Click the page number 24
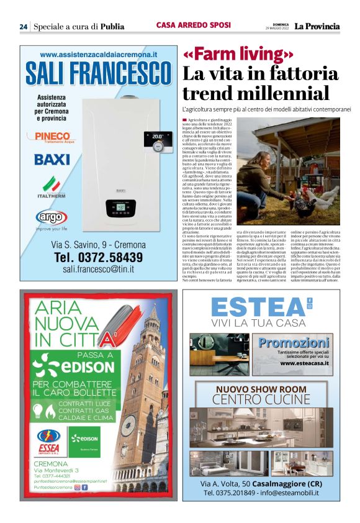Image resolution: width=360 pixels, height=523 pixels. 23,27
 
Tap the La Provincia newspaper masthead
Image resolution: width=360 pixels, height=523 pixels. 317,26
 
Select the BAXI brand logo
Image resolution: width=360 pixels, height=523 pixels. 52,159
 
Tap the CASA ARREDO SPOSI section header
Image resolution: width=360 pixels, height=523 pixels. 194,25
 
